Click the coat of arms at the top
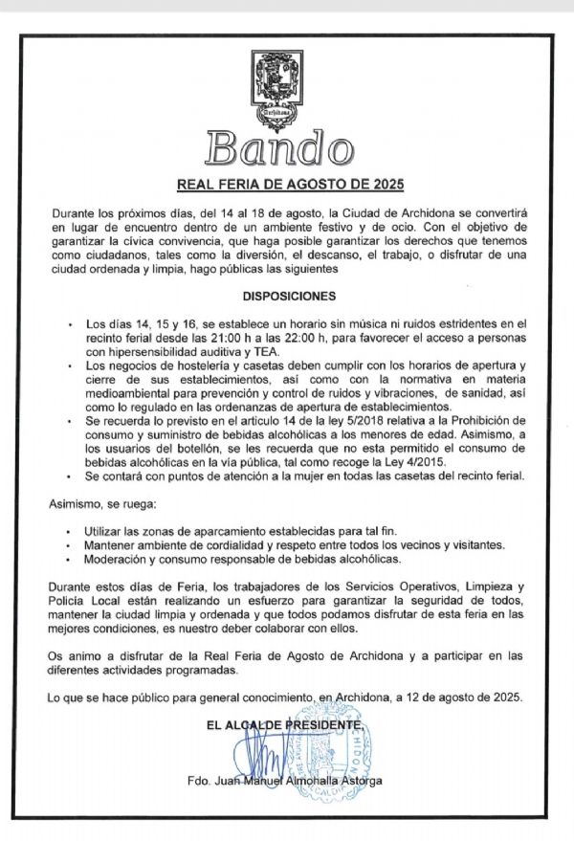(x=286, y=87)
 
